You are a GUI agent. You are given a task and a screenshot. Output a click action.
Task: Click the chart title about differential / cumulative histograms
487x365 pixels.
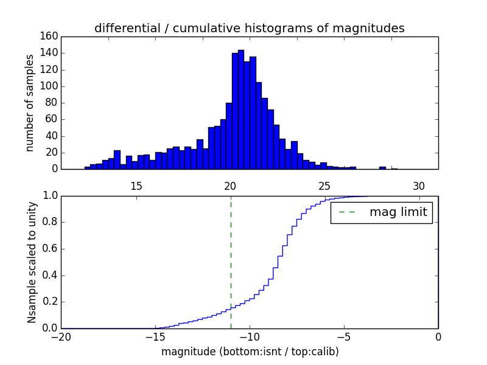pyautogui.click(x=249, y=29)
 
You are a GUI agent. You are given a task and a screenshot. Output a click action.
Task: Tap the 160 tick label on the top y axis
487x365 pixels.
pyautogui.click(x=50, y=36)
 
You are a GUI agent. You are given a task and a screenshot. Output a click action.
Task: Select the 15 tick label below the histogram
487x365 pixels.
pyautogui.click(x=136, y=185)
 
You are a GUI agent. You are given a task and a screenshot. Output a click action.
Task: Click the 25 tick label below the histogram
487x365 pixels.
pyautogui.click(x=324, y=185)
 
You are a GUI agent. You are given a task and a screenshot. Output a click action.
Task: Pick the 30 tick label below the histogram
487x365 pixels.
pyautogui.click(x=419, y=185)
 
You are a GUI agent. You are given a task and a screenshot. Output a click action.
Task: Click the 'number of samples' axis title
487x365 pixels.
pyautogui.click(x=30, y=103)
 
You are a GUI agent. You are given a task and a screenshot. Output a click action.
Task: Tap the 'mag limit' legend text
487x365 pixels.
pyautogui.click(x=398, y=212)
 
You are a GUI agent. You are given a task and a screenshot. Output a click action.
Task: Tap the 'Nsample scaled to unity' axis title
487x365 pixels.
pyautogui.click(x=32, y=262)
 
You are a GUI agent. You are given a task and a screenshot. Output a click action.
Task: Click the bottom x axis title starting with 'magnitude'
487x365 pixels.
pyautogui.click(x=250, y=352)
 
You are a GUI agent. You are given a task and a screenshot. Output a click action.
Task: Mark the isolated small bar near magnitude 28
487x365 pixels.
pyautogui.click(x=382, y=167)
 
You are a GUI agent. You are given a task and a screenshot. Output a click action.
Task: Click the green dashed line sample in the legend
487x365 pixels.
pyautogui.click(x=346, y=212)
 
